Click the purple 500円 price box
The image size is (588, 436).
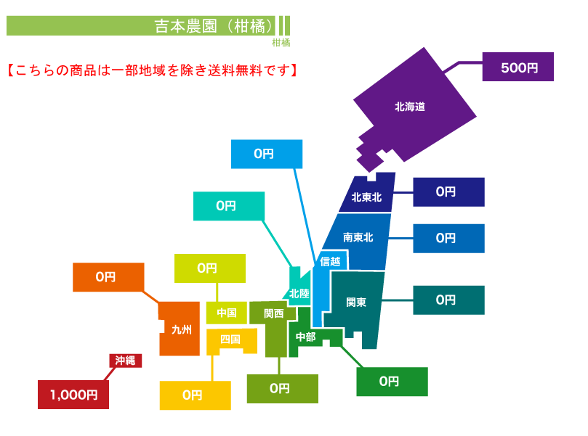pos(517,67)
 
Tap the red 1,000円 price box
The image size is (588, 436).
pos(73,395)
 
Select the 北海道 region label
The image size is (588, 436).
pos(410,107)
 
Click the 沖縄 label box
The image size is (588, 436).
pos(125,361)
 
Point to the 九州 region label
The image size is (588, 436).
pos(182,329)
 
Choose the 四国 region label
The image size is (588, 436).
pos(230,339)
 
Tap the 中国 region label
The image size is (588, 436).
pos(227,313)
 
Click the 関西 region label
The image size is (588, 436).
pos(274,313)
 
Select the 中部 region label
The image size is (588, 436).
pos(305,337)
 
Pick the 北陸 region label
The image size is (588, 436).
pos(299,294)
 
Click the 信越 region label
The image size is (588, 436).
pos(330,261)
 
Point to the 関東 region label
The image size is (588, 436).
pos(356,302)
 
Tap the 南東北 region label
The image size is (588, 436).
pos(358,237)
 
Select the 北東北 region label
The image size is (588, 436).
pos(366,197)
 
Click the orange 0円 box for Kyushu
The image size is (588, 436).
pos(108,277)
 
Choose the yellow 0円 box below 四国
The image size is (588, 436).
pos(196,395)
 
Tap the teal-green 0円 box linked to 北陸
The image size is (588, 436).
pos(229,206)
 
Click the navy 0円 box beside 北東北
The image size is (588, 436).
pos(449,192)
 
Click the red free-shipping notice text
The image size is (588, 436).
pos(152,70)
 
